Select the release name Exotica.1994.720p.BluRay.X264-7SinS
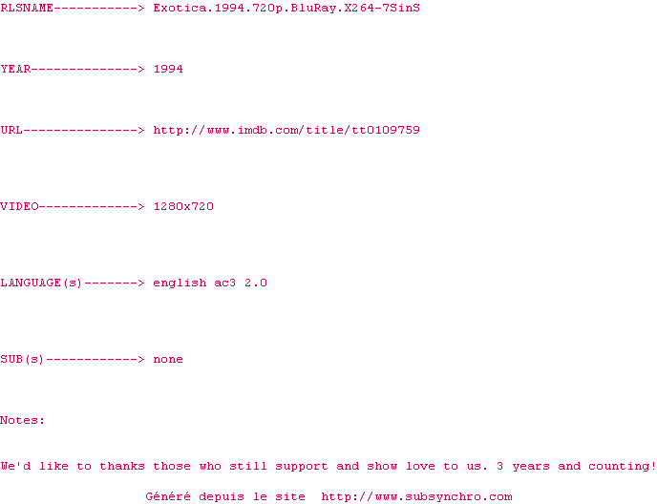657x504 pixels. tap(286, 8)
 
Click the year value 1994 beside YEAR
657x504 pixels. tap(168, 69)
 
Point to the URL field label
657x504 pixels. tap(11, 130)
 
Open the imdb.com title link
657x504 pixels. tap(286, 130)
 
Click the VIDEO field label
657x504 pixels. tap(19, 206)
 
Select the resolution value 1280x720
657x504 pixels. tap(183, 206)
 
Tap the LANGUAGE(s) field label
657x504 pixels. tap(42, 283)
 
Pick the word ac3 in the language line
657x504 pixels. tap(225, 283)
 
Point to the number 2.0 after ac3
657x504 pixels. tap(256, 283)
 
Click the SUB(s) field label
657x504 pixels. tap(23, 359)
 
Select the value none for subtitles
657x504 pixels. tap(168, 359)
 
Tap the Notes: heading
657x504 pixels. tap(23, 420)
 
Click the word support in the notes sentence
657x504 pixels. tap(302, 466)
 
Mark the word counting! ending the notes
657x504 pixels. tap(623, 466)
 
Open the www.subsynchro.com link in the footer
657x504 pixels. tap(416, 496)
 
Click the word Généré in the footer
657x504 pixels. tap(168, 496)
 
